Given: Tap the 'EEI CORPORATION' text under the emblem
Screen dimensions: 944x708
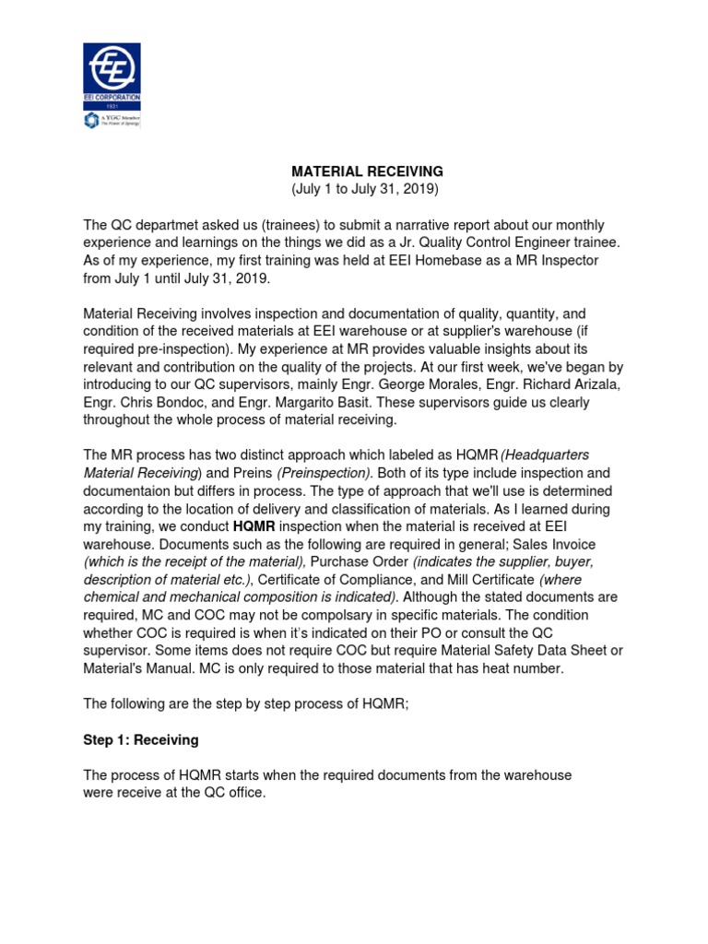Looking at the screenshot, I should pos(111,98).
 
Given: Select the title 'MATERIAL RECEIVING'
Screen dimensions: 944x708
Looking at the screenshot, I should pos(354,171).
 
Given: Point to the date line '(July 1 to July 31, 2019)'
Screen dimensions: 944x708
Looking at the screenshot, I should pos(354,189).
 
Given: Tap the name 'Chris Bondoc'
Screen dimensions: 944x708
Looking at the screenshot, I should pos(155,402).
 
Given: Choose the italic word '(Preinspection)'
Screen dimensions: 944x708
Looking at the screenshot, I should pos(320,473).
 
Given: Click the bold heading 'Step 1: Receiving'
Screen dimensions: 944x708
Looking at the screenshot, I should pos(140,740).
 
